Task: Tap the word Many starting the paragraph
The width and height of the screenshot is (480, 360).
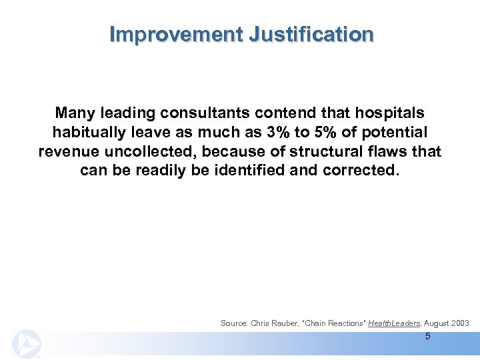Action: [75, 113]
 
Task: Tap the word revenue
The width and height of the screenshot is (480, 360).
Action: [68, 151]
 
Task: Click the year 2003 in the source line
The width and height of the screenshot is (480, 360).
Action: [459, 323]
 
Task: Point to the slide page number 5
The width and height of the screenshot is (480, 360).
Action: [427, 336]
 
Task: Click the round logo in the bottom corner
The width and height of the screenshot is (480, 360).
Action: [27, 343]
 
